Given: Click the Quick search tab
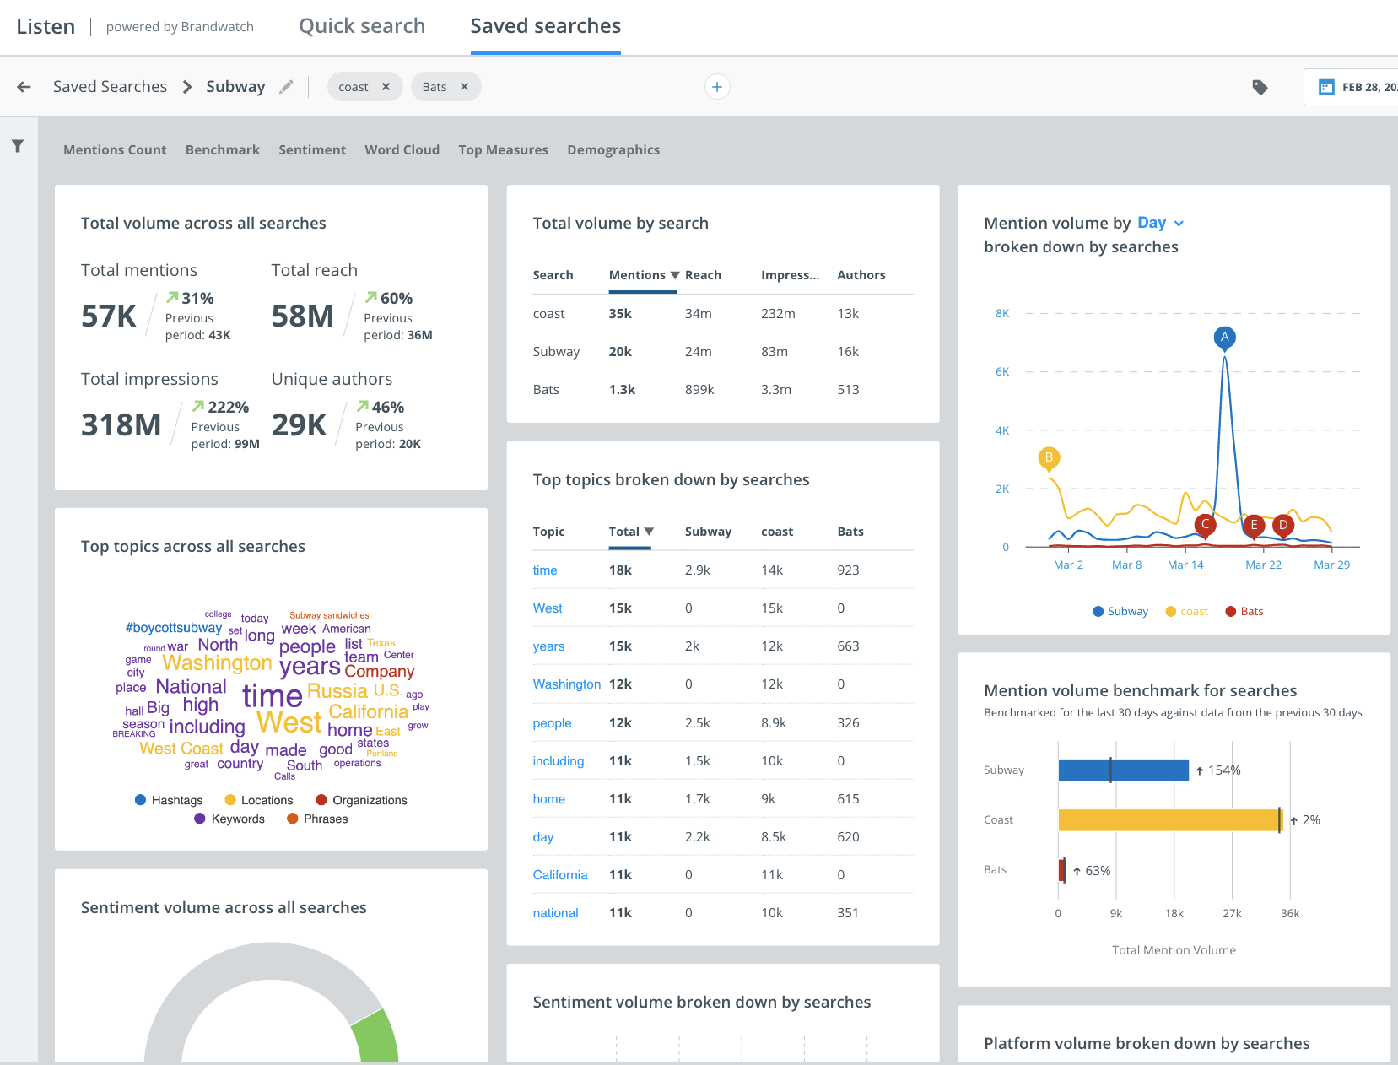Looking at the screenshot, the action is click(362, 26).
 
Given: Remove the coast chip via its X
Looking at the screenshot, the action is click(386, 87).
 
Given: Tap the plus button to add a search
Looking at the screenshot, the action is click(716, 87).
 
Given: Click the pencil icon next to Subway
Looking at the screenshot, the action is click(287, 87).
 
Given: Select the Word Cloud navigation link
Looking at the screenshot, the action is click(402, 149).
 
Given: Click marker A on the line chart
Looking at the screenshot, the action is click(1224, 338).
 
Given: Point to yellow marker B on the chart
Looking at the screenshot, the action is click(1049, 458).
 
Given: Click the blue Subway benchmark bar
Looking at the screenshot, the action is click(1123, 770).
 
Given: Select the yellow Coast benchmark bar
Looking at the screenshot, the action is click(1169, 819).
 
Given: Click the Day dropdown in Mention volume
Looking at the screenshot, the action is click(1160, 223).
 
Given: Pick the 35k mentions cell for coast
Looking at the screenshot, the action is click(620, 313).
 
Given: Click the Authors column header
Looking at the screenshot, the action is click(861, 275).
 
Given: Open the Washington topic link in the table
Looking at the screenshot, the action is click(566, 684).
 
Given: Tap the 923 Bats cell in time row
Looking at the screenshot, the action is click(848, 570).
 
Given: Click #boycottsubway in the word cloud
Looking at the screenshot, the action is click(173, 628).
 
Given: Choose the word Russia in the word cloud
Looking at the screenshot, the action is click(337, 691).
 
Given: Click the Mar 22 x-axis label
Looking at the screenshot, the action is click(1263, 565).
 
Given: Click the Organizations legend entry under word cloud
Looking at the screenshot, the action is click(361, 800).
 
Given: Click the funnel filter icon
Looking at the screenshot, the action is click(18, 147).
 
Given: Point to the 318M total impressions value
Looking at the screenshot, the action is click(121, 424).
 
